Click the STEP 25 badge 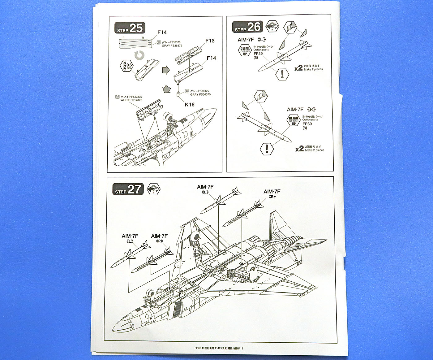(130, 28)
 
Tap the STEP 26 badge (247, 27)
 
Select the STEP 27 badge (128, 189)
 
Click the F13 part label (210, 41)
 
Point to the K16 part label (190, 105)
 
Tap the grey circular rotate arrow (140, 55)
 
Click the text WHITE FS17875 (131, 100)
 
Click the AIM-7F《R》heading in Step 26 (301, 110)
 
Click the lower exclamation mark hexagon (267, 149)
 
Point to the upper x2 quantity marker (298, 68)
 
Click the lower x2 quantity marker (299, 149)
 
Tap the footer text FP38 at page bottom (198, 348)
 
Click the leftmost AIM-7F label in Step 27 (130, 236)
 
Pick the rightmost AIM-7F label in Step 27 (272, 192)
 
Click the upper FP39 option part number (258, 54)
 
